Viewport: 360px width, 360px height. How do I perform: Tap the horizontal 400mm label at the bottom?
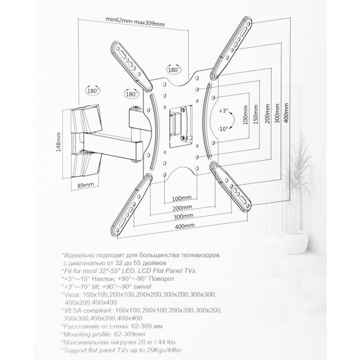185,225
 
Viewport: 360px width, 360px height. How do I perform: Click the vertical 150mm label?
256,114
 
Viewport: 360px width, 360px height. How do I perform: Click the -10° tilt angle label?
223,129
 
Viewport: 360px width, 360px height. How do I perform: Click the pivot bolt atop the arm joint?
136,107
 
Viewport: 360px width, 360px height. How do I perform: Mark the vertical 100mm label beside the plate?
246,115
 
